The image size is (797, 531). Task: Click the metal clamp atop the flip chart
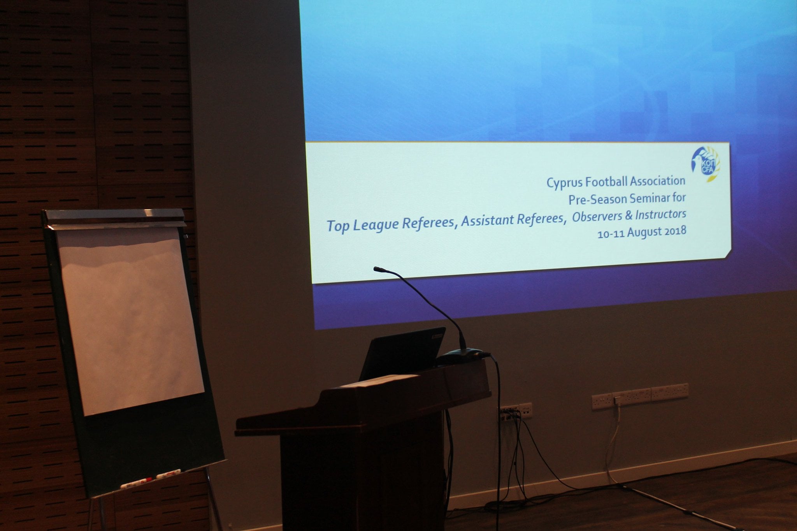tap(115, 217)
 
